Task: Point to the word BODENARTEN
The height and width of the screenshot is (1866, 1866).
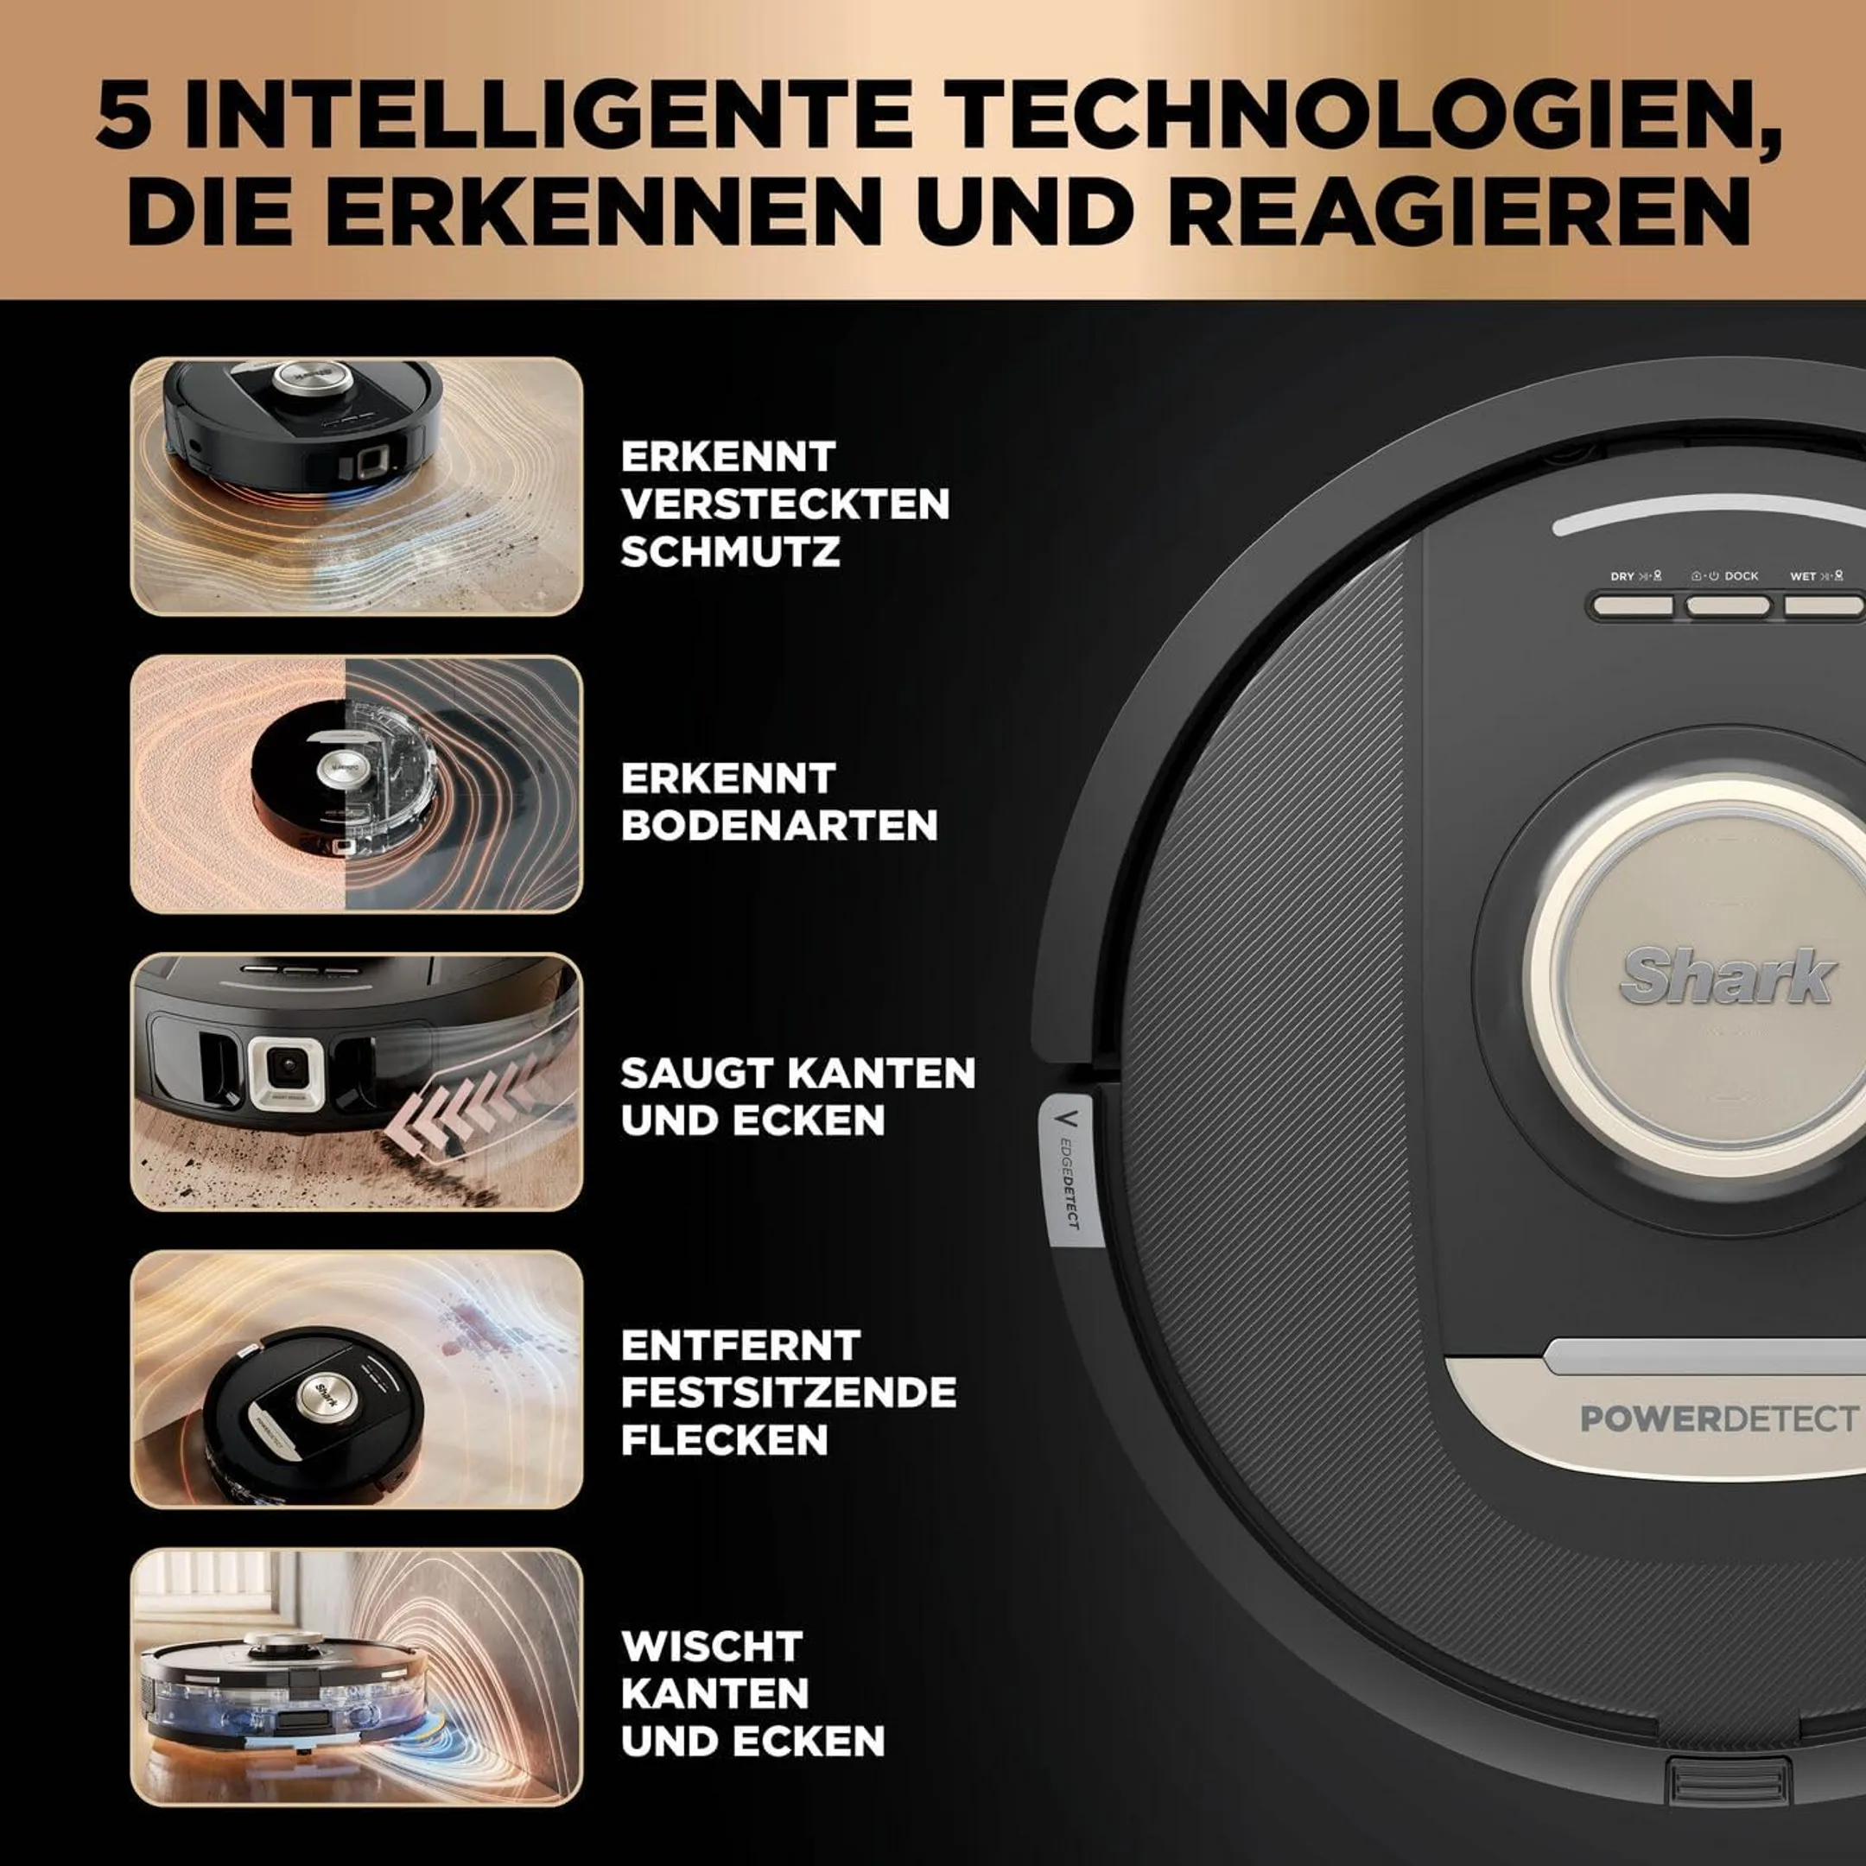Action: [x=778, y=826]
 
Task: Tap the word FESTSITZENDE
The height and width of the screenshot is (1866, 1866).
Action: [x=788, y=1393]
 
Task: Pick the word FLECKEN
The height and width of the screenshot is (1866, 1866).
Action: [x=725, y=1440]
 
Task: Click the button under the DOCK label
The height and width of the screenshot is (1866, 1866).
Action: [x=1728, y=606]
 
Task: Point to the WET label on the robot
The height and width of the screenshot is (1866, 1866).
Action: [x=1803, y=576]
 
